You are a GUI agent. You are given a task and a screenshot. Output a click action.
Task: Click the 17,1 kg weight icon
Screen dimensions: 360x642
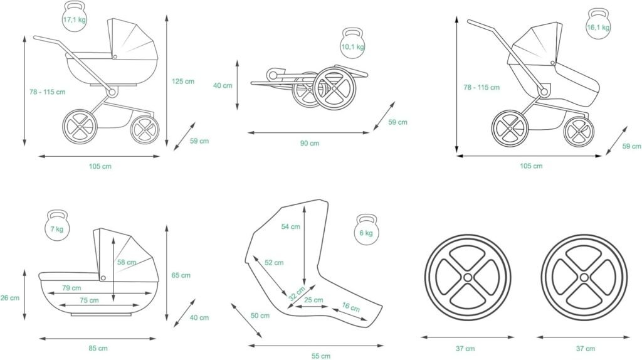coord(74,18)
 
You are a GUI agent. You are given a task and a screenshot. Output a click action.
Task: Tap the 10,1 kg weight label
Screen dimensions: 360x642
coord(352,47)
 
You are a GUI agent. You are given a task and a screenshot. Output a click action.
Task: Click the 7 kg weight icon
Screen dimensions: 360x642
coord(56,228)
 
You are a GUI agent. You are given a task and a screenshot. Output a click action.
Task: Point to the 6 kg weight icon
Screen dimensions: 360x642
coord(366,231)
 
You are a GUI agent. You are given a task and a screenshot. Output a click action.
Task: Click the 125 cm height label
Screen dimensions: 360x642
coord(182,81)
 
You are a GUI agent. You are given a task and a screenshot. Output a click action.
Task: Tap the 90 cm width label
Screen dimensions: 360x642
coord(309,144)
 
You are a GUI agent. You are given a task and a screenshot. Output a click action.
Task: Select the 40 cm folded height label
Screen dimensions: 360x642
coord(223,85)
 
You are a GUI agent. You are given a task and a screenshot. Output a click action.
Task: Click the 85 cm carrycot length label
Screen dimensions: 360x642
coord(98,348)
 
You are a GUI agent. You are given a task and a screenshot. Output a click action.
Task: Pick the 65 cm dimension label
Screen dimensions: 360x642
coord(181,275)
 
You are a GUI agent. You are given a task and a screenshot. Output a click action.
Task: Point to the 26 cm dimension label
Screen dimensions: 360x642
coord(10,298)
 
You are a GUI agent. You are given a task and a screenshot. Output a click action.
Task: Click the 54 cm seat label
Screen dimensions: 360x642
coord(291,226)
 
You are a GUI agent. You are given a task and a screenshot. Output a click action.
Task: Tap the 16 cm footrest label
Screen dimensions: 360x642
coord(351,307)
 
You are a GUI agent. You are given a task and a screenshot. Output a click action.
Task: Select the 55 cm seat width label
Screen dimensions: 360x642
coord(320,356)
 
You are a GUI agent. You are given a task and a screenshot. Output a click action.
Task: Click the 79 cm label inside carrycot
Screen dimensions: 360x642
coord(71,288)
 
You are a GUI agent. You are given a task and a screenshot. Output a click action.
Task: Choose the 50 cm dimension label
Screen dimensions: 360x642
coord(260,315)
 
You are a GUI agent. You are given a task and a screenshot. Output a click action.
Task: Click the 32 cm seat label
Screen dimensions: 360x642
coord(297,294)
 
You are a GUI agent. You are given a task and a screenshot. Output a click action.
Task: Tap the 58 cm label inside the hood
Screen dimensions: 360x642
coord(127,262)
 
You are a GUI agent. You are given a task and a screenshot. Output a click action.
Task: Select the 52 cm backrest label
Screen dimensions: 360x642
coord(274,263)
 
